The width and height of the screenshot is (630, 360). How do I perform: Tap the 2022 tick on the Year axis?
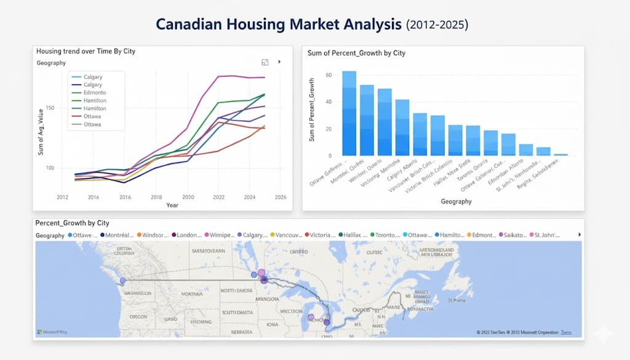(x=219, y=197)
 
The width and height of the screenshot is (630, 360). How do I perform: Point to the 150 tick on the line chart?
(x=50, y=108)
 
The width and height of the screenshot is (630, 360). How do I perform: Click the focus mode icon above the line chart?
(x=265, y=62)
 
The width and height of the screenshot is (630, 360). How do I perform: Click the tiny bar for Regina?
(x=560, y=154)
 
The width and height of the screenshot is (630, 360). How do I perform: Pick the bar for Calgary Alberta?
(x=420, y=134)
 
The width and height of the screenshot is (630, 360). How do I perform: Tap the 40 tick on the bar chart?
(x=329, y=102)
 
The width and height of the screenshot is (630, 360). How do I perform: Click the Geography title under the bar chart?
(x=456, y=201)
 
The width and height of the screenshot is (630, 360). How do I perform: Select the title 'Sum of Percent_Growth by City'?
(x=356, y=53)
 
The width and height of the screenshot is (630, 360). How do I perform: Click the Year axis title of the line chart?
(x=172, y=205)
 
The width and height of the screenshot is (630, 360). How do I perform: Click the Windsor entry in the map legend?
(x=154, y=235)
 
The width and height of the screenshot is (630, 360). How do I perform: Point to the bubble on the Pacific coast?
(x=122, y=281)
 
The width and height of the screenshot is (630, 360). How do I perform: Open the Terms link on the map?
(x=566, y=332)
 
